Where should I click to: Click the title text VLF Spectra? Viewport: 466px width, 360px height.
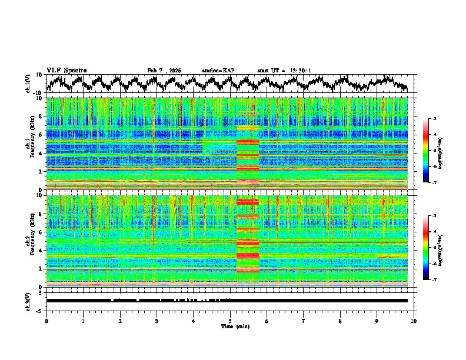(66, 70)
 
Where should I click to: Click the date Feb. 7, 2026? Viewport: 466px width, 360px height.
(164, 71)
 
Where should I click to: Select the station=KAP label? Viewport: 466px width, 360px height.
(218, 71)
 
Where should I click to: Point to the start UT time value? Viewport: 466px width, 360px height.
(299, 71)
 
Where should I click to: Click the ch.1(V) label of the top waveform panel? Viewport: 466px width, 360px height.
(28, 84)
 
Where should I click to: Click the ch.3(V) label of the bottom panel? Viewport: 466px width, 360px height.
(28, 301)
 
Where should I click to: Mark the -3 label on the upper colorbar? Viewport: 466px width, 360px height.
(434, 119)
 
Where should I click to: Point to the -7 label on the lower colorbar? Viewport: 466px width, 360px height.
(434, 280)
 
